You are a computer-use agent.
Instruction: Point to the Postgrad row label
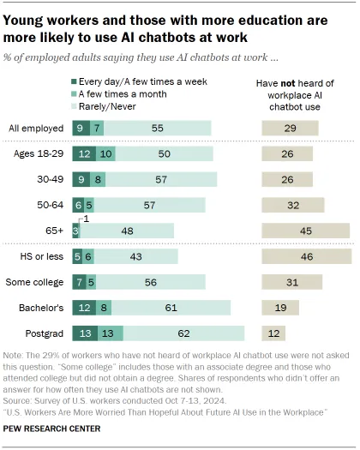click(45, 333)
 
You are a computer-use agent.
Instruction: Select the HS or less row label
click(41, 256)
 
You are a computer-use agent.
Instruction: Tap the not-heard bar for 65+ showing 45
click(305, 230)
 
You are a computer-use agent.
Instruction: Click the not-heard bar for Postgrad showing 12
click(273, 333)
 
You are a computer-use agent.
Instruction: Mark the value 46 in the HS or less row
click(305, 256)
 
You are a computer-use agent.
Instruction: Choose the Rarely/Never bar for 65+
click(127, 230)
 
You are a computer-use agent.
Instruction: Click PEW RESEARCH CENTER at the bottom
click(56, 434)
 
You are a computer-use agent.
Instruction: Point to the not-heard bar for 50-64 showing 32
click(292, 204)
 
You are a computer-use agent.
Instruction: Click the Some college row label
click(38, 281)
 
